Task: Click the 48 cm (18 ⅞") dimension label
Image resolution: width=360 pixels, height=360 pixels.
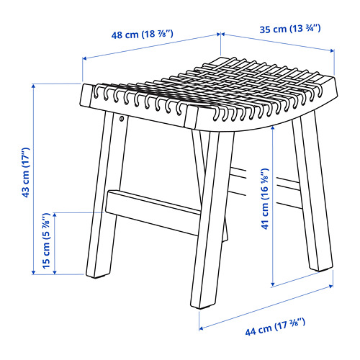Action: click(x=142, y=35)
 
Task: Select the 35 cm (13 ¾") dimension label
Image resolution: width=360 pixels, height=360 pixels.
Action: click(x=290, y=29)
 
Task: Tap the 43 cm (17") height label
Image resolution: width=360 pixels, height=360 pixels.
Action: click(x=26, y=173)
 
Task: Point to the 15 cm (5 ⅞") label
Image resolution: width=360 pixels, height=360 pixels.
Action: click(x=46, y=240)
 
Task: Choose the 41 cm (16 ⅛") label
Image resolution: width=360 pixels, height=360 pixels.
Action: click(x=265, y=199)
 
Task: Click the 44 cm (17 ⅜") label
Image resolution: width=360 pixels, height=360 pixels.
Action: click(x=275, y=326)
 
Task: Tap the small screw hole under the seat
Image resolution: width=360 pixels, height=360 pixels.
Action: click(x=122, y=118)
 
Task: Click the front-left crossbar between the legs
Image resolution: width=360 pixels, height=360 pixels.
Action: click(x=153, y=212)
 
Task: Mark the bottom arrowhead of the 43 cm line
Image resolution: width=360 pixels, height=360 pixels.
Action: click(x=34, y=272)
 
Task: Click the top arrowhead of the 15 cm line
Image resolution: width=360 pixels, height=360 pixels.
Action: click(x=55, y=215)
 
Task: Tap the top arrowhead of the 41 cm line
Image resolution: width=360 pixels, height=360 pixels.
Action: click(x=273, y=129)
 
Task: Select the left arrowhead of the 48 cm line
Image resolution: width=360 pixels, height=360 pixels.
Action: click(x=85, y=58)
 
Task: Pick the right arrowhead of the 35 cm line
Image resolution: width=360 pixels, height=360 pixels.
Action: click(x=332, y=50)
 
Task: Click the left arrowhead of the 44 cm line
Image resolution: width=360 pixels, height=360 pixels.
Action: click(x=202, y=328)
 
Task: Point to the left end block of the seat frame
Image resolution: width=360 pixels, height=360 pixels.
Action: click(x=86, y=95)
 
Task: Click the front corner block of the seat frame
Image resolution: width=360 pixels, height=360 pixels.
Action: click(x=192, y=118)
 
